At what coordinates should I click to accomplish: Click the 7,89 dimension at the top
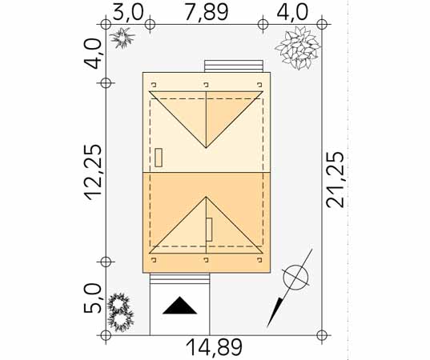point(207,13)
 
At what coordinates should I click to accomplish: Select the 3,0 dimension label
point(128,13)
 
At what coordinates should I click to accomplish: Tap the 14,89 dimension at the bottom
point(214,347)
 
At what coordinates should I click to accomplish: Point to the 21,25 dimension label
point(335,180)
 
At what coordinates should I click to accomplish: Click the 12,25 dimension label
point(93,172)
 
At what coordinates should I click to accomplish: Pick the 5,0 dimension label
point(92,298)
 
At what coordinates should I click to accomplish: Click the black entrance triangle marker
point(179,306)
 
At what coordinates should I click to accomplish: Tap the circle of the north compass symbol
point(296,278)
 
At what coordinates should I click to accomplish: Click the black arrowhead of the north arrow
point(275,312)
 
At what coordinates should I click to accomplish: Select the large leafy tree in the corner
point(298,47)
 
